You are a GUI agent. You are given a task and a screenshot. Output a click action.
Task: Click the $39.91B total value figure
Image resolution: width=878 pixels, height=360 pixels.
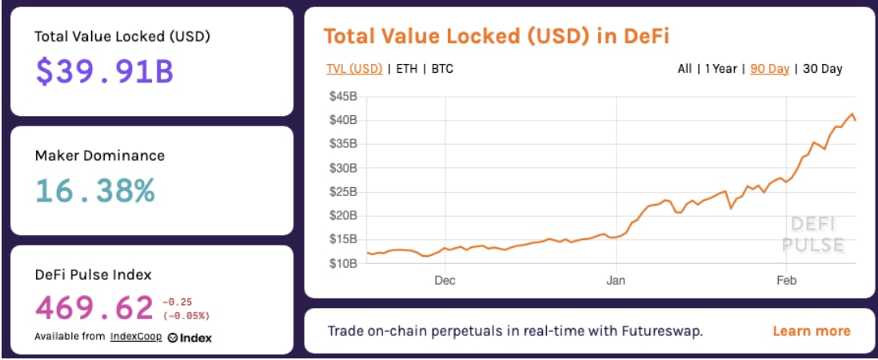[104, 72]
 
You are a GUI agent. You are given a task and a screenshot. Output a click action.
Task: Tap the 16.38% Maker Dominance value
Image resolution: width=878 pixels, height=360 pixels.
[95, 190]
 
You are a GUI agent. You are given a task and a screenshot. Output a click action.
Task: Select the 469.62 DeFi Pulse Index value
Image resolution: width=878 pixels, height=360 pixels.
[94, 307]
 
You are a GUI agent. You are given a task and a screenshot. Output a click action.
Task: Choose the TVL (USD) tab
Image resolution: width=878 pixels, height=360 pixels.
[353, 69]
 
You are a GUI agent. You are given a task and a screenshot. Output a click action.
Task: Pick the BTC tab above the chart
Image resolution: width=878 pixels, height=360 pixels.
[442, 69]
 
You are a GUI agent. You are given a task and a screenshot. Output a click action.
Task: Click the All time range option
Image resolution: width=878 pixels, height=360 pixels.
[684, 69]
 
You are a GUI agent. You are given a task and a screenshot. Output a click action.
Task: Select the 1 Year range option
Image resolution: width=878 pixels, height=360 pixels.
[720, 69]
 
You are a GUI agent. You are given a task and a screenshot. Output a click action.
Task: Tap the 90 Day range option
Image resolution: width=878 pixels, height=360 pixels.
[769, 69]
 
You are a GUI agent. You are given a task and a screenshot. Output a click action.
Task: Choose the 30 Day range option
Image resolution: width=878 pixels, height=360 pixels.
[822, 69]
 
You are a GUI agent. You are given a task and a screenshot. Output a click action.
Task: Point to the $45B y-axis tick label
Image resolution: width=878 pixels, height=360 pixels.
[343, 97]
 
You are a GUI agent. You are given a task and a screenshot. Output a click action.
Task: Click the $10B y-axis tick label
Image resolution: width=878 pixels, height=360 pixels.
[343, 263]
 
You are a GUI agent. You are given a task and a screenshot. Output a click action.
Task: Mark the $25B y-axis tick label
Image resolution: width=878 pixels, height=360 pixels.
[343, 192]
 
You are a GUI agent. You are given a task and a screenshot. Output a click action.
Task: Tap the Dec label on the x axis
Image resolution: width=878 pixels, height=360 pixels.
[445, 281]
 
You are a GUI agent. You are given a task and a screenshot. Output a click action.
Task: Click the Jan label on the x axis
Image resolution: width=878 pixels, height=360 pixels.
[616, 281]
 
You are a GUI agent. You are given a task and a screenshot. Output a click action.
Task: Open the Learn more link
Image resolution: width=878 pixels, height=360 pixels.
[812, 331]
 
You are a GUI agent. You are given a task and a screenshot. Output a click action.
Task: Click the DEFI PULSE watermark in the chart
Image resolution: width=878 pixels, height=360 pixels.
[812, 234]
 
